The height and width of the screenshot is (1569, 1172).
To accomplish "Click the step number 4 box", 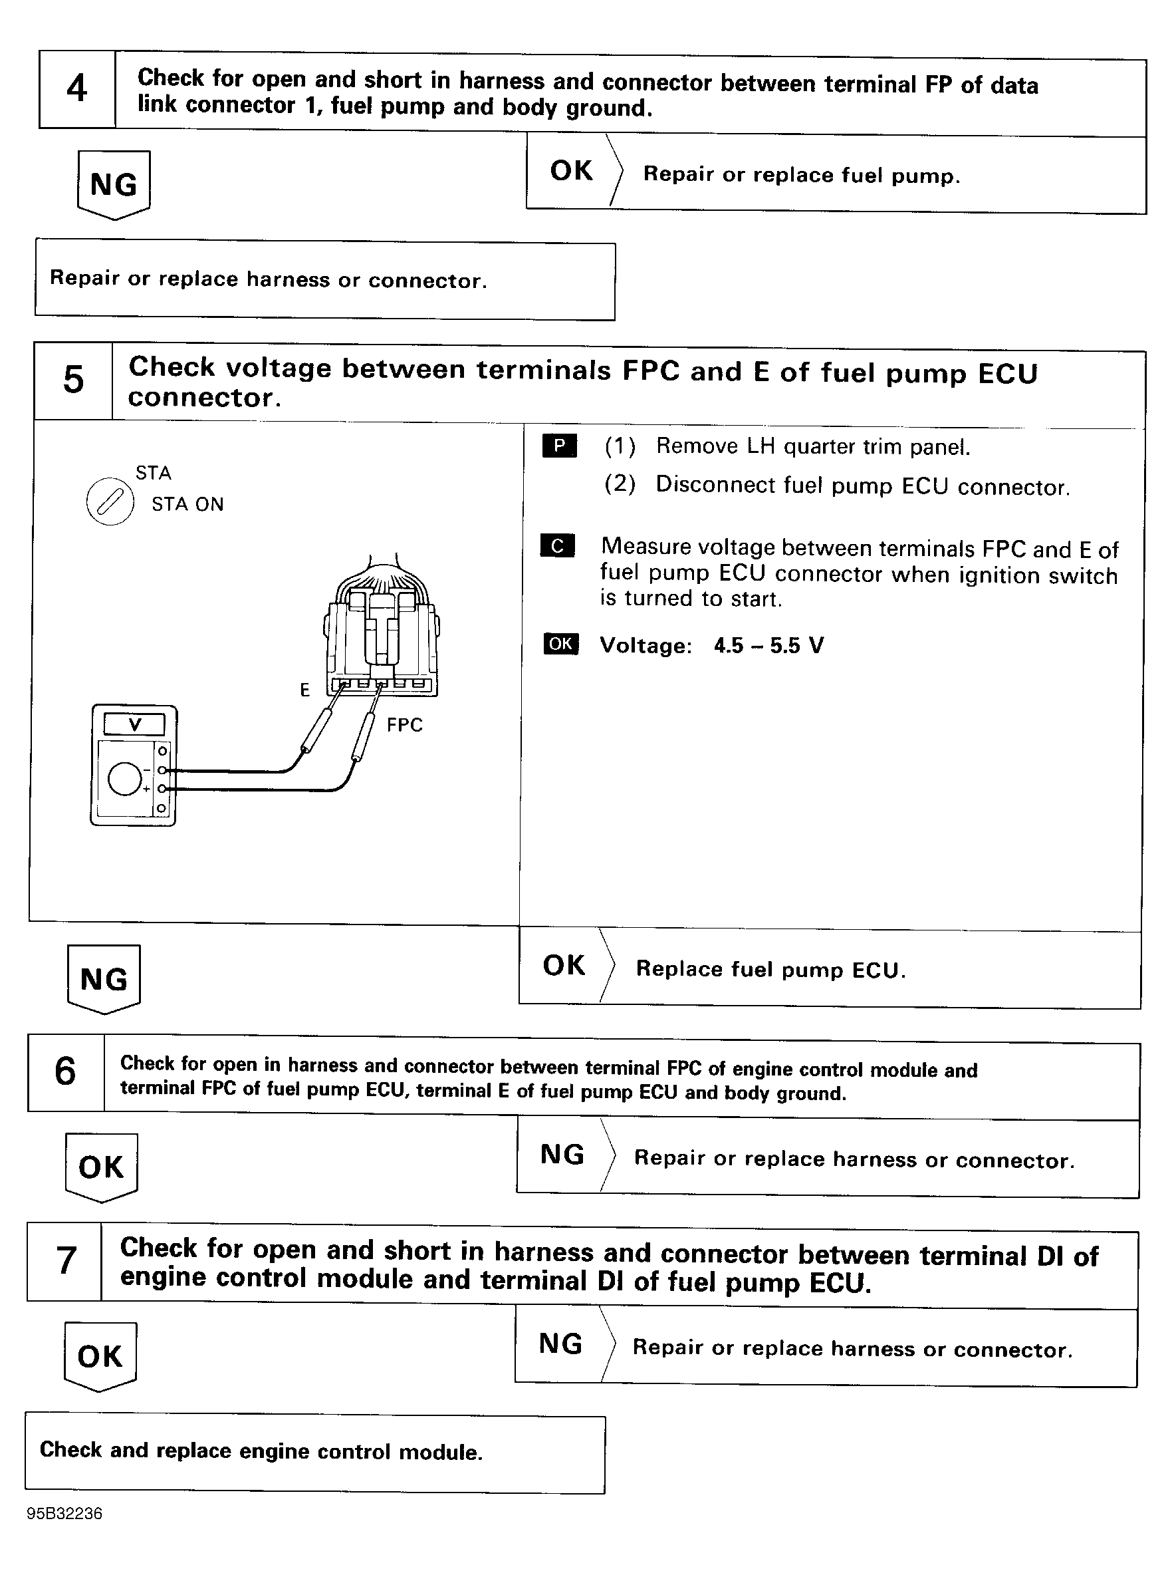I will (76, 89).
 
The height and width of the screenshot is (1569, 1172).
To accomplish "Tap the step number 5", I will (73, 380).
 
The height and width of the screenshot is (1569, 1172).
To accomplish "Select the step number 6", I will (65, 1071).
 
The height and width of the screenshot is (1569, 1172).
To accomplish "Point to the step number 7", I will (66, 1260).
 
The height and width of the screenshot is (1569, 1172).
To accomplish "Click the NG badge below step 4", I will (114, 184).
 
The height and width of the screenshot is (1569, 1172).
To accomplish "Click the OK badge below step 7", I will (100, 1356).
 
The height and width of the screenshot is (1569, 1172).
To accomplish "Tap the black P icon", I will (560, 446).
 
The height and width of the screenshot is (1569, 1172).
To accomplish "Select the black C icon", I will (557, 545).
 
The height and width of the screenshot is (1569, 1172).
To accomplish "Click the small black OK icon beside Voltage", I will (561, 643).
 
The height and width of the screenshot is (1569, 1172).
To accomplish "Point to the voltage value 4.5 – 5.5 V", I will (768, 645).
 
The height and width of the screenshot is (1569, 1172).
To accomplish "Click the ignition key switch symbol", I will (110, 502).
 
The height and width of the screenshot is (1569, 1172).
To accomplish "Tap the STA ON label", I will (187, 504).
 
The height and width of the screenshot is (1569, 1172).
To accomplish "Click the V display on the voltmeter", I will (135, 724).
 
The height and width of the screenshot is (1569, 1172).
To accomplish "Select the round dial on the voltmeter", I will (125, 780).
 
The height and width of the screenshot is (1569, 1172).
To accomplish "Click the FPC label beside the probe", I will (404, 725).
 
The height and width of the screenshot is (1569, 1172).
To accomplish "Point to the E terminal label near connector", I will (305, 690).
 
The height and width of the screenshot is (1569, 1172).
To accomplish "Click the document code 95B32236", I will (64, 1514).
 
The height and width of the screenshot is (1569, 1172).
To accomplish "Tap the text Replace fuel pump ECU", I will (770, 969).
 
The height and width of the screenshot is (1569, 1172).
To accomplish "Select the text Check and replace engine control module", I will (261, 1451).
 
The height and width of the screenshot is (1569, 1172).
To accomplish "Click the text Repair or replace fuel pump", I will (801, 174).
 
